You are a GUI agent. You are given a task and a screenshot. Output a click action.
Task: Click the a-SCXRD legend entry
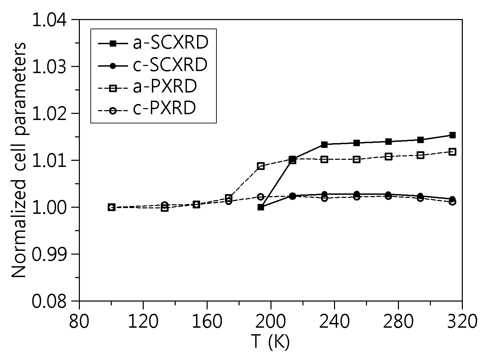tap(153, 43)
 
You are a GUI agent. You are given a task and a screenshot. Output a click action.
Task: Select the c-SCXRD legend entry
tap(153, 65)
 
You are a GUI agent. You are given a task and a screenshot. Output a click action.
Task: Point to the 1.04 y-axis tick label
tap(49, 20)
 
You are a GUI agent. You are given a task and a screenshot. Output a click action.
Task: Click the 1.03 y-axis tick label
tap(49, 67)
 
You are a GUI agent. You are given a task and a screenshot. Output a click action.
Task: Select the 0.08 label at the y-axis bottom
tap(49, 301)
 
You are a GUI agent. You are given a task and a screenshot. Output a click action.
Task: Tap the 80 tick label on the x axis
tap(79, 322)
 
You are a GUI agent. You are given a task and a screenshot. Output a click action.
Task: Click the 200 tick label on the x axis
tap(270, 322)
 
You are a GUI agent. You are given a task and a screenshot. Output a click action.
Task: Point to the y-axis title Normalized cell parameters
tap(19, 160)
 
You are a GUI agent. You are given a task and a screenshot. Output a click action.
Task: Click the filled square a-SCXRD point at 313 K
tap(452, 135)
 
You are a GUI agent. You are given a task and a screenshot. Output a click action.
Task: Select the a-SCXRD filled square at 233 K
tap(325, 144)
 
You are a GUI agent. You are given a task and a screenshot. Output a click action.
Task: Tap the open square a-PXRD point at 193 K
tap(261, 166)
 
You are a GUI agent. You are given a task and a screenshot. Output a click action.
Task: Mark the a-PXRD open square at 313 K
tap(452, 152)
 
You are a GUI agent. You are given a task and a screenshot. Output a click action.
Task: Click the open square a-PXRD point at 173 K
tap(229, 198)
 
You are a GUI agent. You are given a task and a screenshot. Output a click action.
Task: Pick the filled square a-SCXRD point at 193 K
tap(261, 207)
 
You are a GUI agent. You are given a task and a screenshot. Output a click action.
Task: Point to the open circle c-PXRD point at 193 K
tap(261, 196)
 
